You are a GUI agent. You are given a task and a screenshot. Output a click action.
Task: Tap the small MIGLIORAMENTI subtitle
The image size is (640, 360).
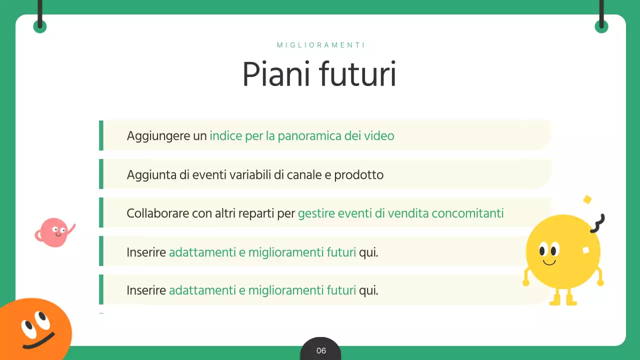click(x=321, y=45)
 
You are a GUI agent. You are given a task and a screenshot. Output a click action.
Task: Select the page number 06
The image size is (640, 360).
click(x=321, y=350)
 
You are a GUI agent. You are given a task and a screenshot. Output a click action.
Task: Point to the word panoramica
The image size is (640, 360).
click(x=309, y=135)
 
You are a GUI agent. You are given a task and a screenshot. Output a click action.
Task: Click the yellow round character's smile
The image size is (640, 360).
click(x=549, y=262)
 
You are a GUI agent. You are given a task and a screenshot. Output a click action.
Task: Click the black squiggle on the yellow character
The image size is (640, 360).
click(x=597, y=223)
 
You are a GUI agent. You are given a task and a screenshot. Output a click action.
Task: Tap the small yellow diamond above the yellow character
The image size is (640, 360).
click(x=587, y=199)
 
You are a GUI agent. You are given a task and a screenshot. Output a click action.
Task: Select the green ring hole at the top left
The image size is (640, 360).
click(x=40, y=26)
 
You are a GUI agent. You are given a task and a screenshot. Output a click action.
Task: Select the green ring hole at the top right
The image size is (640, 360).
click(x=601, y=26)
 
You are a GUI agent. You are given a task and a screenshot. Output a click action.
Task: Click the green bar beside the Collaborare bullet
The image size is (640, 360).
click(x=101, y=212)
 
